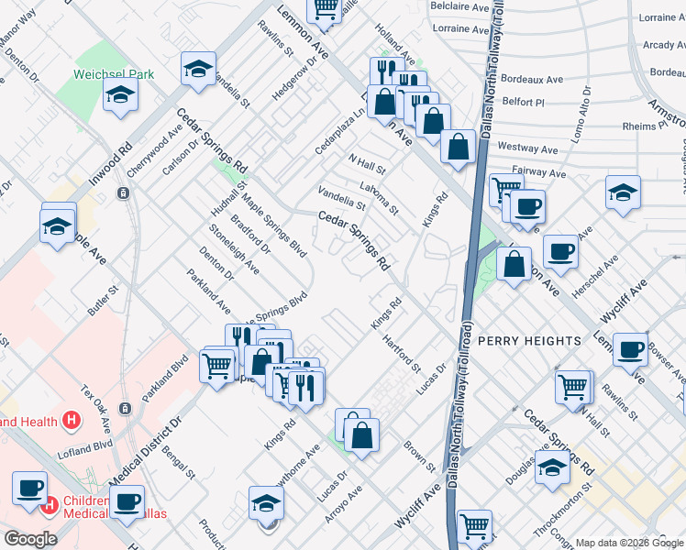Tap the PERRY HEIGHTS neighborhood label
point(528,340)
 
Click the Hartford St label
point(401,351)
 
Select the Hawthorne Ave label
point(291,468)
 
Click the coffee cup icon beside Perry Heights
point(629,349)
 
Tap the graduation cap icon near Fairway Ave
point(623,192)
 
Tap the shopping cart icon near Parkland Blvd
point(217,365)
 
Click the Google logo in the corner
point(31,539)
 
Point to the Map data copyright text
point(628,543)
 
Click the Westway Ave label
point(528,148)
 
